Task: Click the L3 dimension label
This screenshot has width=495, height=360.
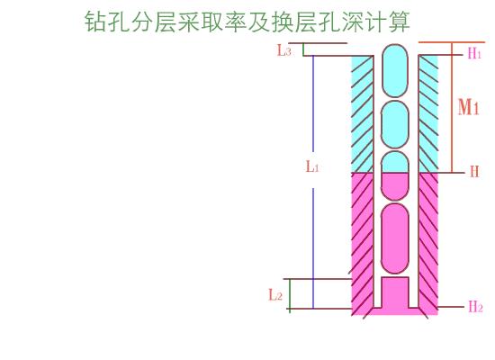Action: pos(283,50)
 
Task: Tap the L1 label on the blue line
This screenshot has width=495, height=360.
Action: pos(312,166)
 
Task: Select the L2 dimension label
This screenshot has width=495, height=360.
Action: pos(275,294)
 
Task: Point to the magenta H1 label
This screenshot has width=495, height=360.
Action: pos(474,53)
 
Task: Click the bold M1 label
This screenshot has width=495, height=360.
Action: pos(469,107)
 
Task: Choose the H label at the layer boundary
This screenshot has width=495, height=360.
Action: pos(475,172)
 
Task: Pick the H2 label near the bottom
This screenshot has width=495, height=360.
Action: pos(475,306)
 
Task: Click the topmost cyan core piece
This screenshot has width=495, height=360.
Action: pos(394,70)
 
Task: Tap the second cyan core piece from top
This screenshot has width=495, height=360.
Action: pos(394,125)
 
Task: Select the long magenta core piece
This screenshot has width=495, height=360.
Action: pos(394,238)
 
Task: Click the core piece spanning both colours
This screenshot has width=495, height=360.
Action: pos(394,175)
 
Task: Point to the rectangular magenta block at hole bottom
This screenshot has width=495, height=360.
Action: pos(395,292)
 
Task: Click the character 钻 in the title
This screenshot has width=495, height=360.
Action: pos(95,22)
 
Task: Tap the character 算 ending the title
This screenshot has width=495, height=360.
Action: pos(400,22)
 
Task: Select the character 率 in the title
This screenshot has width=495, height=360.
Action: pos(236,22)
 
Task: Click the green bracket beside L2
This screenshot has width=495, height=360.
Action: pos(290,294)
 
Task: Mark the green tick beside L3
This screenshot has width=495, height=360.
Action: pos(303,49)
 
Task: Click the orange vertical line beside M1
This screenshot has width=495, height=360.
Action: pos(452,107)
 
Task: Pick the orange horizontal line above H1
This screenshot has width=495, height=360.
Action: pos(452,42)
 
